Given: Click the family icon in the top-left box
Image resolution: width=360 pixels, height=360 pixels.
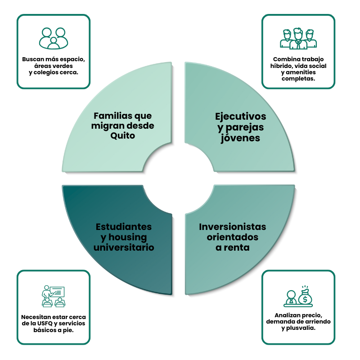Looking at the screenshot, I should pos(54,38).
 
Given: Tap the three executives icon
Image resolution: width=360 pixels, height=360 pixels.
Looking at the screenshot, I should pos(298,39).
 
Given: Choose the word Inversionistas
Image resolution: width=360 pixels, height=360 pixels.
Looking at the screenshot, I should pos(233,227).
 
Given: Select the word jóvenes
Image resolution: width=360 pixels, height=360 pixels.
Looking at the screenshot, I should pos(241,138).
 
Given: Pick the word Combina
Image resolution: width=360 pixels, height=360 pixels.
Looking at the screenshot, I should pos(287,59).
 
